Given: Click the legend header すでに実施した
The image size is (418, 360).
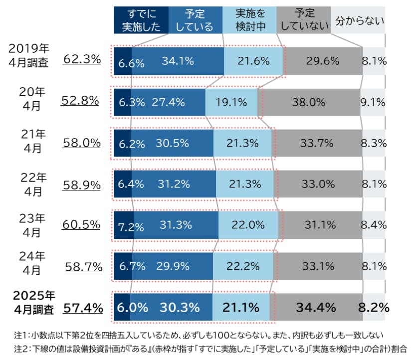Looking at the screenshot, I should (x=140, y=20).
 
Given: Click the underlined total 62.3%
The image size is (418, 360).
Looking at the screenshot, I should (x=82, y=59).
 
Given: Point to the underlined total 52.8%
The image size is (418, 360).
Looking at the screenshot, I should (x=80, y=101).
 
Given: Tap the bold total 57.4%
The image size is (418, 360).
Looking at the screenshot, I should (x=83, y=308).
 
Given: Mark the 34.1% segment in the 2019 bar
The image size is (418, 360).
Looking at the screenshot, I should (x=178, y=61).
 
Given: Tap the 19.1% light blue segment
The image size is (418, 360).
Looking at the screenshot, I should (x=231, y=103).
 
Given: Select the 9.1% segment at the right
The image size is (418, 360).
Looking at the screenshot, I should (x=372, y=103).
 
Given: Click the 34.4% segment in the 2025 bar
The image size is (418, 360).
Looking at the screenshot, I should (x=315, y=307).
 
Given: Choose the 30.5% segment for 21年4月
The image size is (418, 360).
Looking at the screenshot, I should (x=173, y=144).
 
